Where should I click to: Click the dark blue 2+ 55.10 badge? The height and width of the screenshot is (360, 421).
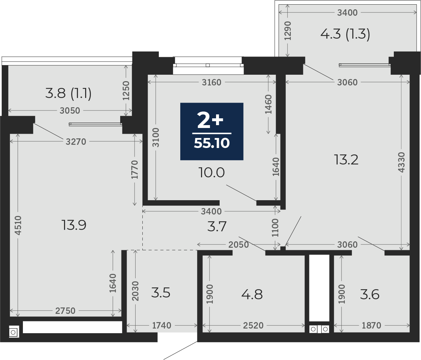point(212,132)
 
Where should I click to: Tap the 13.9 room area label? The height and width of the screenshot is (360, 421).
point(74,225)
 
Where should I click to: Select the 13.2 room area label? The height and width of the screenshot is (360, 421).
point(346,160)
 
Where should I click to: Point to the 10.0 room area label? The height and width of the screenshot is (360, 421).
point(212,172)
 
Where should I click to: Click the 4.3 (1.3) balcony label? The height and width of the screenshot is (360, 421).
point(345,34)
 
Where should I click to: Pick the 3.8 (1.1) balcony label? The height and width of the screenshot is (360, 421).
point(68,93)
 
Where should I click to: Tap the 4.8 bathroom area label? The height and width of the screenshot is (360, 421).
point(252,295)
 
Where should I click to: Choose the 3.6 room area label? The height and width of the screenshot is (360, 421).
point(370,295)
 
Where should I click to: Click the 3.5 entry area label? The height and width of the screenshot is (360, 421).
point(161,293)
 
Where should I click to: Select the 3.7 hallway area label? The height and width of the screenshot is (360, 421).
point(217,227)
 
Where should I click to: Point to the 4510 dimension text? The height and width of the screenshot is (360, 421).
point(18,225)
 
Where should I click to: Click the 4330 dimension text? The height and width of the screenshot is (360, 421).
point(401,162)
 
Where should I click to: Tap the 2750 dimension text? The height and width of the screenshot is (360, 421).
point(65,311)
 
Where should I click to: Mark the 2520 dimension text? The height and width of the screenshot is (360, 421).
point(253,325)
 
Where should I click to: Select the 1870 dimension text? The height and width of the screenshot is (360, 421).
point(371,325)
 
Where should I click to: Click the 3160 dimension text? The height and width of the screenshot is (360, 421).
point(212,82)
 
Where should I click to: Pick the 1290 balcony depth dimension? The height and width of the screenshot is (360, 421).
point(288,31)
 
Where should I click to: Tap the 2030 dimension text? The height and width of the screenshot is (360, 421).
point(136,291)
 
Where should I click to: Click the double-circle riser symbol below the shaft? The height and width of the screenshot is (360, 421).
point(319,329)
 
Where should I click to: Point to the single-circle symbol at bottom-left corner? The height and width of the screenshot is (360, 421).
point(14,332)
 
